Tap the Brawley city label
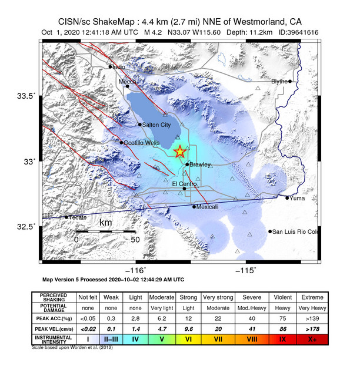coord(200,164)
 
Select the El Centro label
coord(184,184)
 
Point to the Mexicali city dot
coord(194,206)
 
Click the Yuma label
coord(297,198)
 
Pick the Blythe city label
coord(279,81)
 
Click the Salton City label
coord(157,125)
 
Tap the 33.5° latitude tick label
coord(26,95)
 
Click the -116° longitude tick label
coord(136,269)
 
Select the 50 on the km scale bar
coord(135,239)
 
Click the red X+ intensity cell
coord(317,339)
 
